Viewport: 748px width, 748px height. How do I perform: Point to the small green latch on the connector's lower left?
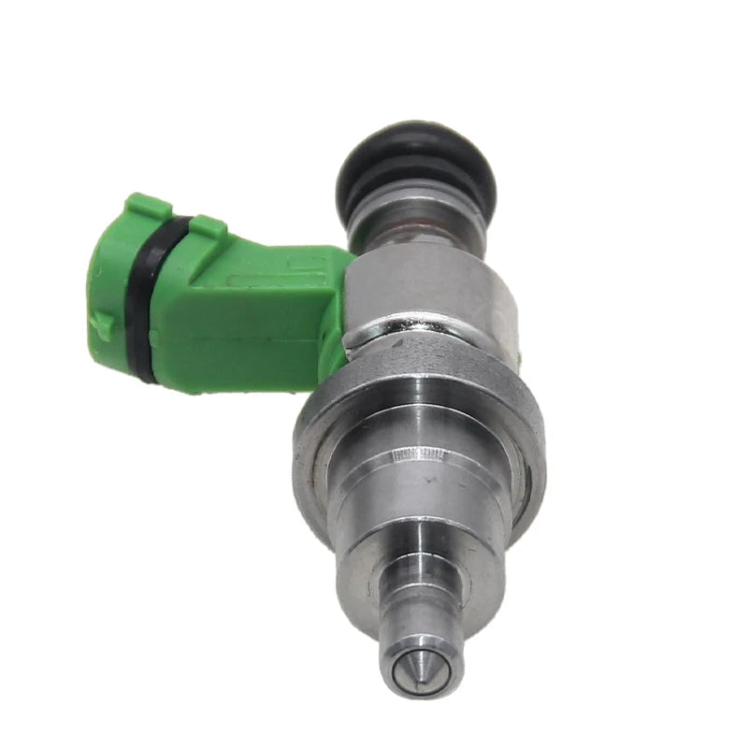point(102,324)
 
